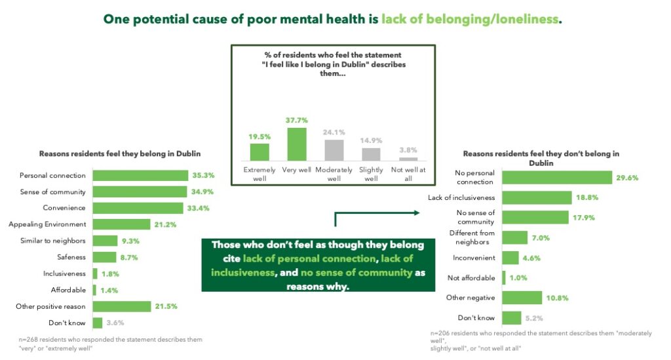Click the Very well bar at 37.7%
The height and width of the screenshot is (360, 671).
click(297, 144)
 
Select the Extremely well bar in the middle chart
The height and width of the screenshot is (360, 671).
click(259, 152)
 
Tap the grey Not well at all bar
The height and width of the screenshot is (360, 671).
click(408, 159)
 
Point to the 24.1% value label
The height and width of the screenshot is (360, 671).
click(334, 132)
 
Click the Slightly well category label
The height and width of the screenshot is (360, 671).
click(372, 174)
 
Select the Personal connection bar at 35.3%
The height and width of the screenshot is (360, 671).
click(141, 175)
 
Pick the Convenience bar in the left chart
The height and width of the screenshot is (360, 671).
click(138, 208)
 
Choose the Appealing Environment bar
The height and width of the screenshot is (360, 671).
click(122, 224)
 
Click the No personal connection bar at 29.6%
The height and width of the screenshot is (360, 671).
click(557, 177)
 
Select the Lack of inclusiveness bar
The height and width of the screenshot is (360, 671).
click(537, 197)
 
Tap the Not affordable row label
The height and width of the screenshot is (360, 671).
click(471, 278)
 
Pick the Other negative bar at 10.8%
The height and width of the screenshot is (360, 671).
click(522, 298)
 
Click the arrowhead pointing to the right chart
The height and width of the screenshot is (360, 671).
click(417, 212)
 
